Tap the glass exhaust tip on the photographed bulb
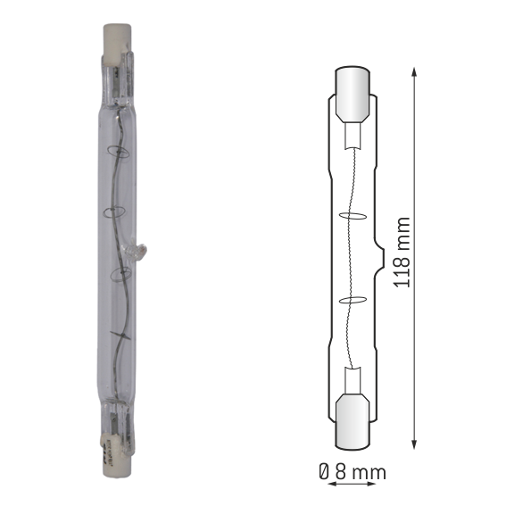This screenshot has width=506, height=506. pyautogui.click(x=136, y=252)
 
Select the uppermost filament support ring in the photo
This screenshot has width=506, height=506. pyautogui.click(x=118, y=152)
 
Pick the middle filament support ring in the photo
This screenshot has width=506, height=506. pyautogui.click(x=114, y=212)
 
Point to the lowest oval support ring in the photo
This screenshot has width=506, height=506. pyautogui.click(x=120, y=275)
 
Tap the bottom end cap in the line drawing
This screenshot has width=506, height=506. pyautogui.click(x=353, y=421)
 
